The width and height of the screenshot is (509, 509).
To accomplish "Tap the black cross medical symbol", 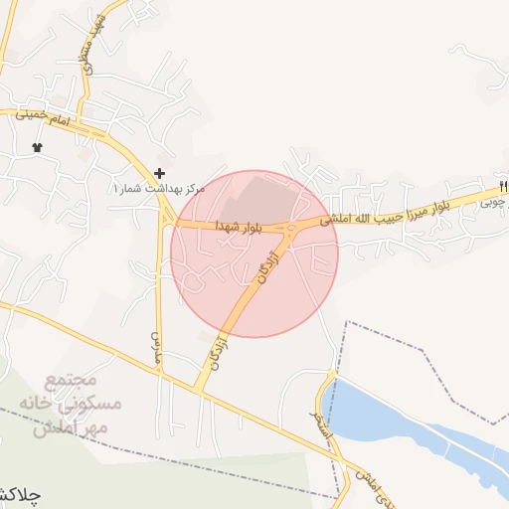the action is tap(159, 173).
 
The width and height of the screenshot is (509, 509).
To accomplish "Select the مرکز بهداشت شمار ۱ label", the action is tap(158, 188).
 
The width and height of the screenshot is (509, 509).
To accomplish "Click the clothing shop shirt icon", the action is tap(38, 147).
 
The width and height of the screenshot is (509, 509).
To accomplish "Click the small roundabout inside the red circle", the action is tap(290, 230).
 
